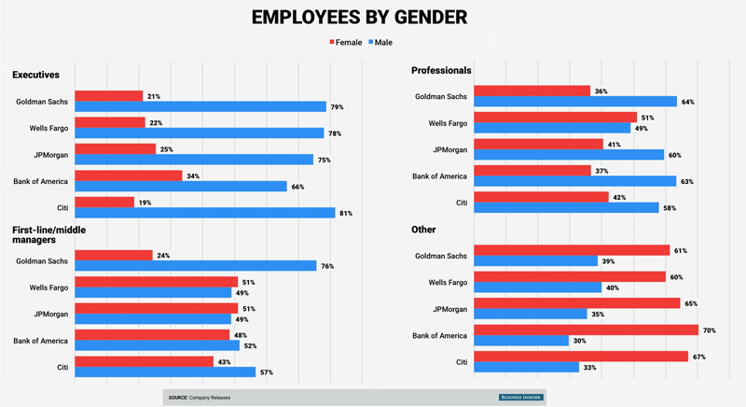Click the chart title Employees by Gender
tap(372, 17)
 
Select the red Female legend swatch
tap(333, 43)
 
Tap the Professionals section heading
tap(441, 70)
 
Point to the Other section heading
tap(424, 230)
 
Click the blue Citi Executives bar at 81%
tap(204, 213)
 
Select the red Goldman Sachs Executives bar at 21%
tap(108, 95)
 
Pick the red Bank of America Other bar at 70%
tap(586, 330)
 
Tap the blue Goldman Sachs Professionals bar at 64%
tap(574, 101)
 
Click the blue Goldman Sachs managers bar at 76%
tap(195, 266)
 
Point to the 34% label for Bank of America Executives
tap(193, 175)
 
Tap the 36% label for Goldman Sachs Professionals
tap(601, 91)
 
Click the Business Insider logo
tap(525, 398)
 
